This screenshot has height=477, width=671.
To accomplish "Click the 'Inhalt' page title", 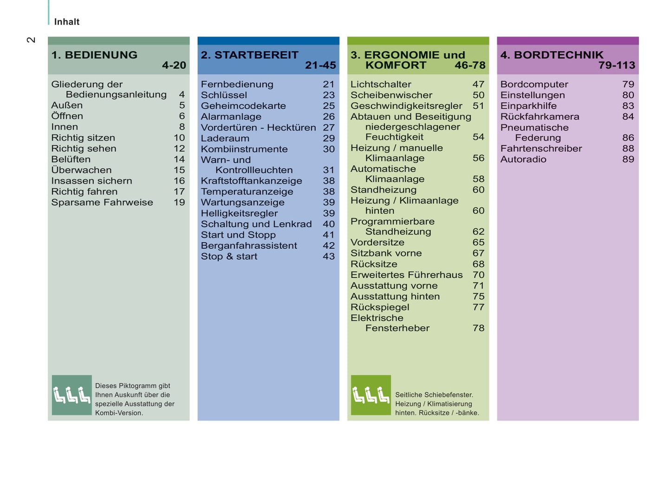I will coord(66,22).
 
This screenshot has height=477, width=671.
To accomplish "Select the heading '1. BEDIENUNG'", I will coord(94,55).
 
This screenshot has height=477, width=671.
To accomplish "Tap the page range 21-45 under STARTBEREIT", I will coord(320,66).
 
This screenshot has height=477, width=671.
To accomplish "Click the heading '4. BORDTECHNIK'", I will coord(552,55).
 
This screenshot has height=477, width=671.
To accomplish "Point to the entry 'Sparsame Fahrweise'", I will coord(102,202).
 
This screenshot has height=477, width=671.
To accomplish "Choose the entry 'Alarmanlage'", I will coord(231,117).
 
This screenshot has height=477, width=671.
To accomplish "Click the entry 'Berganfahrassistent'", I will coord(249,245).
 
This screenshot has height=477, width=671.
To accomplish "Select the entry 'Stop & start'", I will coord(229,256).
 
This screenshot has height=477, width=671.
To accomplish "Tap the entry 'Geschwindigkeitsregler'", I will coord(406,106).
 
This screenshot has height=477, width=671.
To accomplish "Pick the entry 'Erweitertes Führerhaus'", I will coord(406,275).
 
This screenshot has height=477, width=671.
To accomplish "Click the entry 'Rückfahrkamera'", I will coord(540,117).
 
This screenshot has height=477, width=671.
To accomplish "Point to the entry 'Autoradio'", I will coord(523,159).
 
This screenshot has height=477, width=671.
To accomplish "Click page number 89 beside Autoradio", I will coord(628,159).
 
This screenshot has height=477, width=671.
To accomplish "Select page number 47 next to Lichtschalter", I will coord(478,84).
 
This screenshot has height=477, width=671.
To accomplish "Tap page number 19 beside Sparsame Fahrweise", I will coord(179,202).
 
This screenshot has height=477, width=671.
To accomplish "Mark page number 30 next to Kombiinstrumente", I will coord(328,149).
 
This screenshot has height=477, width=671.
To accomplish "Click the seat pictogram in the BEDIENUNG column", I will coord(72,395).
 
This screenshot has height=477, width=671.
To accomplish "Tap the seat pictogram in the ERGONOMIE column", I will coord(371,395).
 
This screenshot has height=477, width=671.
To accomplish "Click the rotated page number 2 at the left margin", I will coord(31,40).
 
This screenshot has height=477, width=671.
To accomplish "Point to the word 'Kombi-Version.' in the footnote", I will coord(119,413).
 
